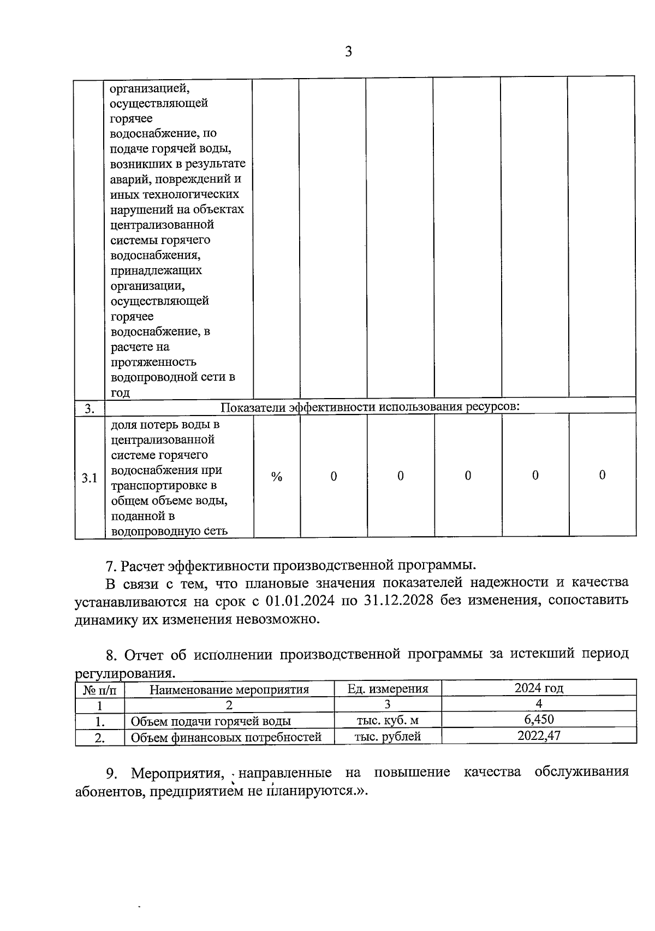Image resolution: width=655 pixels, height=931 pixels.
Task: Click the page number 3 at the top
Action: click(x=348, y=52)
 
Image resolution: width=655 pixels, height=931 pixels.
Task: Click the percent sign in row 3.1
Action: click(x=277, y=477)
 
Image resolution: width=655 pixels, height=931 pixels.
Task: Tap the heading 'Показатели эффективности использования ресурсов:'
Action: click(x=370, y=407)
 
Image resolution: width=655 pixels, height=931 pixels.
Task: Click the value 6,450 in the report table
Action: click(x=539, y=719)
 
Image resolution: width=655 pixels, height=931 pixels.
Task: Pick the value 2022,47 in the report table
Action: click(x=539, y=736)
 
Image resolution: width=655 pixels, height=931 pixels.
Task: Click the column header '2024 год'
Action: click(x=539, y=688)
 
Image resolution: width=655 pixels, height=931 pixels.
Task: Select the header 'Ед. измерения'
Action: click(x=388, y=689)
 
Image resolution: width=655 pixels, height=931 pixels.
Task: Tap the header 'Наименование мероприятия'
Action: click(x=229, y=689)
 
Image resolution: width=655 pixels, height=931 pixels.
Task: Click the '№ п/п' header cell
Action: click(x=99, y=689)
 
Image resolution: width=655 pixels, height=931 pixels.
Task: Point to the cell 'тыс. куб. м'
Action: click(x=388, y=720)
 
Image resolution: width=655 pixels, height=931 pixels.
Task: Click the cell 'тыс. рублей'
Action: click(x=388, y=736)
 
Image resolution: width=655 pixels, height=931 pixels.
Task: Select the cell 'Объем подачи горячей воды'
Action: click(x=211, y=721)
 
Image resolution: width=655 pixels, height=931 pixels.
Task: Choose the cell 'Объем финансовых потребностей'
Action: click(x=226, y=737)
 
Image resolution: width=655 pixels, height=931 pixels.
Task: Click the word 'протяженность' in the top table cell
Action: click(x=153, y=362)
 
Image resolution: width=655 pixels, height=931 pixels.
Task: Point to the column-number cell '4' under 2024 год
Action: click(x=539, y=704)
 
